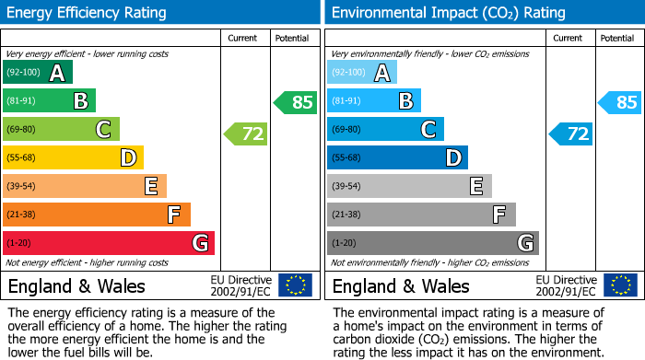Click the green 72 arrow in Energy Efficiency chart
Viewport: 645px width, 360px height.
click(x=246, y=134)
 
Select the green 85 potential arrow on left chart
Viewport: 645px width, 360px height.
click(x=296, y=102)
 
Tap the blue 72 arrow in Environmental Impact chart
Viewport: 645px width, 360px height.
click(x=571, y=134)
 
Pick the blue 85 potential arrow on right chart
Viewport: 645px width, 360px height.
click(x=620, y=102)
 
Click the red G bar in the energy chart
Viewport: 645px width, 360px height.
click(x=109, y=243)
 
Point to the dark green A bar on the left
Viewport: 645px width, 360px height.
click(x=38, y=73)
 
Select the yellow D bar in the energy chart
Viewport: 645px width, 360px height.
click(x=73, y=158)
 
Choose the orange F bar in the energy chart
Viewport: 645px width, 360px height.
click(x=97, y=215)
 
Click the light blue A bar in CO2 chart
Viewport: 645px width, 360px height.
click(x=362, y=73)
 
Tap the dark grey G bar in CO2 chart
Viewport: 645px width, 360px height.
click(x=432, y=243)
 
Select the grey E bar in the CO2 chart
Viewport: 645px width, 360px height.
click(x=409, y=187)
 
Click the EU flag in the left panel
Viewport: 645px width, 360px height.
click(x=295, y=285)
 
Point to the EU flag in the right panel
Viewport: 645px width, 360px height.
click(x=619, y=285)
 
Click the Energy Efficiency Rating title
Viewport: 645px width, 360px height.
click(x=88, y=13)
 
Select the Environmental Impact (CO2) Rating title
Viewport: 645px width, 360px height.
click(x=448, y=13)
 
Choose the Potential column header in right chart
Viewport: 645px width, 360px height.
click(x=617, y=38)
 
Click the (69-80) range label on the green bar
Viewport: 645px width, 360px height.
click(x=24, y=130)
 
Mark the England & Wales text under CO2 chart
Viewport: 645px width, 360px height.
click(x=401, y=286)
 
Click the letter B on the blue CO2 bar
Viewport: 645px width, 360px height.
click(x=405, y=101)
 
